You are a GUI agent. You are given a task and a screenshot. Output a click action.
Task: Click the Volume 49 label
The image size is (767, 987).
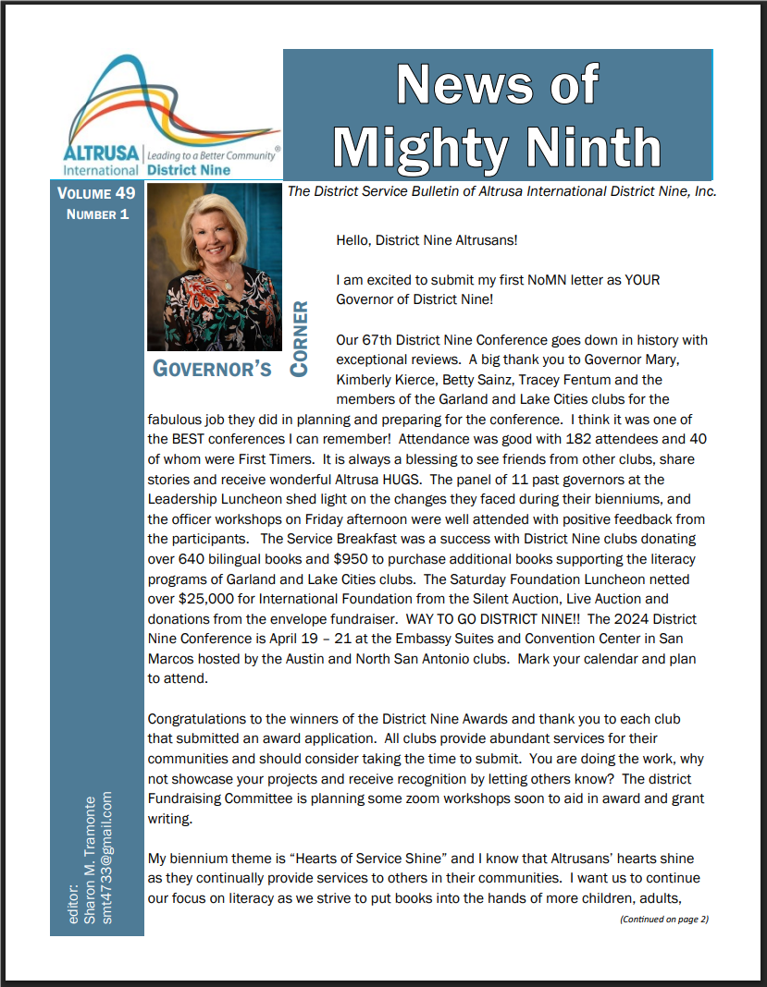[96, 194]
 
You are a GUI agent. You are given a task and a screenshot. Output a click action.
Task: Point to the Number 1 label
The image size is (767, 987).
[97, 214]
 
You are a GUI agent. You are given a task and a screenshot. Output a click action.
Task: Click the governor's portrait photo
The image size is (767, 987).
[214, 266]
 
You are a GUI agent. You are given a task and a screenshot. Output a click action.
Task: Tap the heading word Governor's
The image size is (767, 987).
[212, 369]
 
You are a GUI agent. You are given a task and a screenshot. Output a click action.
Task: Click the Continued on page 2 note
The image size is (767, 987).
[663, 919]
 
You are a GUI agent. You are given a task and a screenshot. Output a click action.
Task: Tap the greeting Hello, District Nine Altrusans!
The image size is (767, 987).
[427, 240]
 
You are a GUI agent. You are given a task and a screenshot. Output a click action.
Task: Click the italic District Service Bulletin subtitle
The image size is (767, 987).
[502, 191]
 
